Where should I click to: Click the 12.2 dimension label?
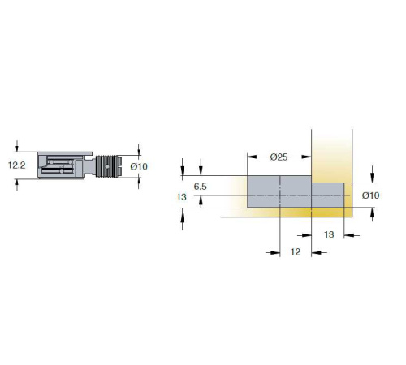17,165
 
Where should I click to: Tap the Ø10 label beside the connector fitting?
139,166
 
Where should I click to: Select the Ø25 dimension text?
279,157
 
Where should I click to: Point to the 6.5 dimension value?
201,187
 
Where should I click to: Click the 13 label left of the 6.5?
181,197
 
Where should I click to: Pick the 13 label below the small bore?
329,234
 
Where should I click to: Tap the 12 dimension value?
296,252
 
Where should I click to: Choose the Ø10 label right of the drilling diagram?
370,195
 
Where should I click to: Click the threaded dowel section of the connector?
108,166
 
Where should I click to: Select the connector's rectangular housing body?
65,165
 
